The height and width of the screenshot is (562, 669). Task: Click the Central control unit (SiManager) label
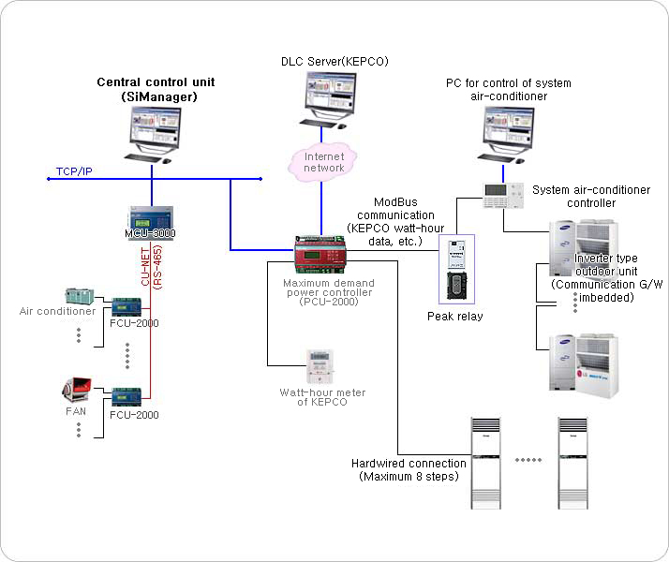pos(156,89)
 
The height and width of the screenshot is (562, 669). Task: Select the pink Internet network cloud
pos(324,161)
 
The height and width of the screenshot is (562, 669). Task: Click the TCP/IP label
pos(76,171)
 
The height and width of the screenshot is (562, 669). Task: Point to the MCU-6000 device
pos(150,219)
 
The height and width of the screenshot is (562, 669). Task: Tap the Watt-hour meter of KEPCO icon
pos(321,364)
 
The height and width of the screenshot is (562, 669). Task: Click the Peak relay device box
pos(456,268)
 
